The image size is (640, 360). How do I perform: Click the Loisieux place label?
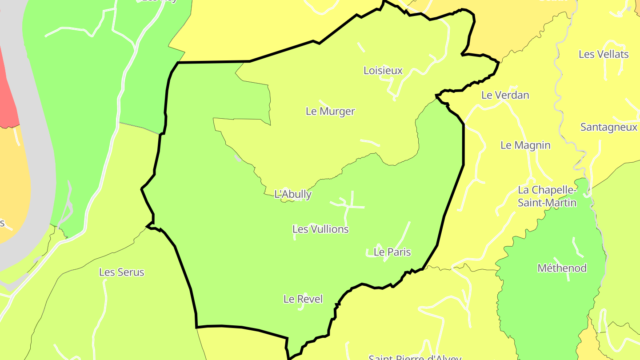pos(383,70)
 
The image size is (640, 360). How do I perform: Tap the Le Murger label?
pos(330,111)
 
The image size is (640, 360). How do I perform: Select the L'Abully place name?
pos(293,194)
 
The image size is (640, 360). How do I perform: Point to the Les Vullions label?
pos(320,229)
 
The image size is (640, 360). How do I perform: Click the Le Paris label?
pos(392,252)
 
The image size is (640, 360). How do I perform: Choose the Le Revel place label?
pos(303,299)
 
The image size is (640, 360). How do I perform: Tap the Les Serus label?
pos(122,272)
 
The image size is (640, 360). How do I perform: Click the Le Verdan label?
pos(505,95)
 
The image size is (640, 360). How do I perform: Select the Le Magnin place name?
pos(525,145)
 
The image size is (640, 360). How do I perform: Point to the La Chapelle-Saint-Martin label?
pos(547,196)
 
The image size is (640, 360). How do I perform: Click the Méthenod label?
pos(562,268)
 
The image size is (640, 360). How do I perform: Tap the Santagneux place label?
pos(609,127)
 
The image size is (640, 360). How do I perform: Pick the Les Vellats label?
pos(604,54)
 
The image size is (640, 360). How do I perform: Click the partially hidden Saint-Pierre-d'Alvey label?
pos(415,357)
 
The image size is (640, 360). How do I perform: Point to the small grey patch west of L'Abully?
pos(238,158)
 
